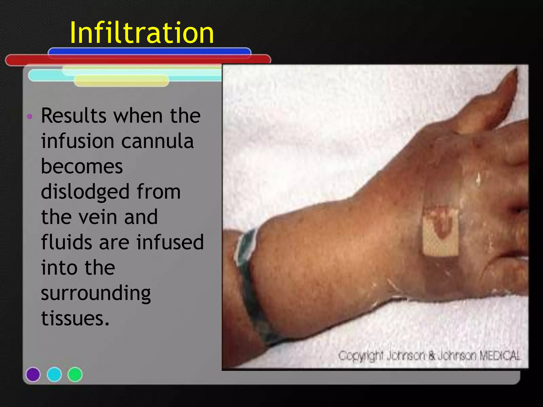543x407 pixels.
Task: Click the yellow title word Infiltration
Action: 142,33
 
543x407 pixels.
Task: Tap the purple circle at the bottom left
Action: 33,374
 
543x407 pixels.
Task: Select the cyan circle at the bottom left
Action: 54,374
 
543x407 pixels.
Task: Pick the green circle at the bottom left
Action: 75,374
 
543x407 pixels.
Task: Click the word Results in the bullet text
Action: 74,116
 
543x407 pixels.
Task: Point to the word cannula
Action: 157,141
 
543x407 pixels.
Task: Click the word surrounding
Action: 96,294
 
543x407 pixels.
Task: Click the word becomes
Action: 82,166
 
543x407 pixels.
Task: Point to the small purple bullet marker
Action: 30,116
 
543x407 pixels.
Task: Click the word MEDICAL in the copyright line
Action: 500,356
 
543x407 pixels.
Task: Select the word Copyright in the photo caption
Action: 361,356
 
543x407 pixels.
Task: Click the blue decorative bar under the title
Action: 149,51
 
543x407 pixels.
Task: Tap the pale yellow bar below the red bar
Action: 121,81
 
